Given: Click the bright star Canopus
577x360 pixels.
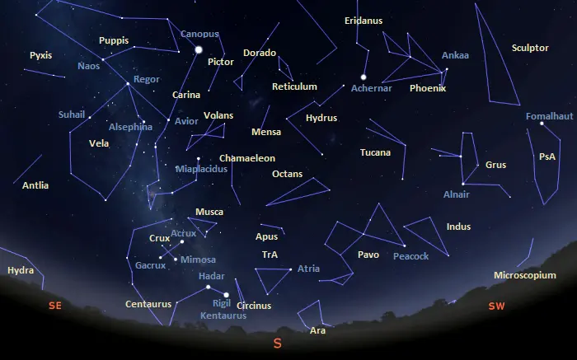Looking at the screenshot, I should point(198,50).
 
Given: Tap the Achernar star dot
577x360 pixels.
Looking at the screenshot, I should point(363,77).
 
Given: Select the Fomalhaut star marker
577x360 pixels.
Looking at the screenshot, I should point(542,124).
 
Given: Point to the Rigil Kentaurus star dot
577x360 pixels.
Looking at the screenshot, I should point(226,294).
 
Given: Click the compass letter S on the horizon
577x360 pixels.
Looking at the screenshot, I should point(277,344).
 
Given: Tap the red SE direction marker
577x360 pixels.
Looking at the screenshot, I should point(55,306).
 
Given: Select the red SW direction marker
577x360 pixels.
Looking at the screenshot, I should point(496,306).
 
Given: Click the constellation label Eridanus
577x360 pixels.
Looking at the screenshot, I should point(364,21).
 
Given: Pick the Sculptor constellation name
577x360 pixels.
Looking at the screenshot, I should point(530,48).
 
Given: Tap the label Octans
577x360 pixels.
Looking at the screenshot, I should point(288,175).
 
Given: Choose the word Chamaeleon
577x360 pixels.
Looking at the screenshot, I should point(247,158).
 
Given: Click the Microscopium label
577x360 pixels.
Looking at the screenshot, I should point(525,275).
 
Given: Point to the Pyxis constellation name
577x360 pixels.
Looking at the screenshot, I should point(40,55).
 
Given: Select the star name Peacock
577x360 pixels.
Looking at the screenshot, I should point(410,256).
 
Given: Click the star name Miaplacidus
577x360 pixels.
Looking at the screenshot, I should point(201,169).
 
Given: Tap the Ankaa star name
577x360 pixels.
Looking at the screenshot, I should point(455,55).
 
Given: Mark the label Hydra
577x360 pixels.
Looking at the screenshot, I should point(21,270).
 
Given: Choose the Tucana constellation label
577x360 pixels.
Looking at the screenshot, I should point(375,152).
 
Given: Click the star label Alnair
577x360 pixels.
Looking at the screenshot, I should point(456,194).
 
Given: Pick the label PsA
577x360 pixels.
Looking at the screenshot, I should point(547,157).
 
